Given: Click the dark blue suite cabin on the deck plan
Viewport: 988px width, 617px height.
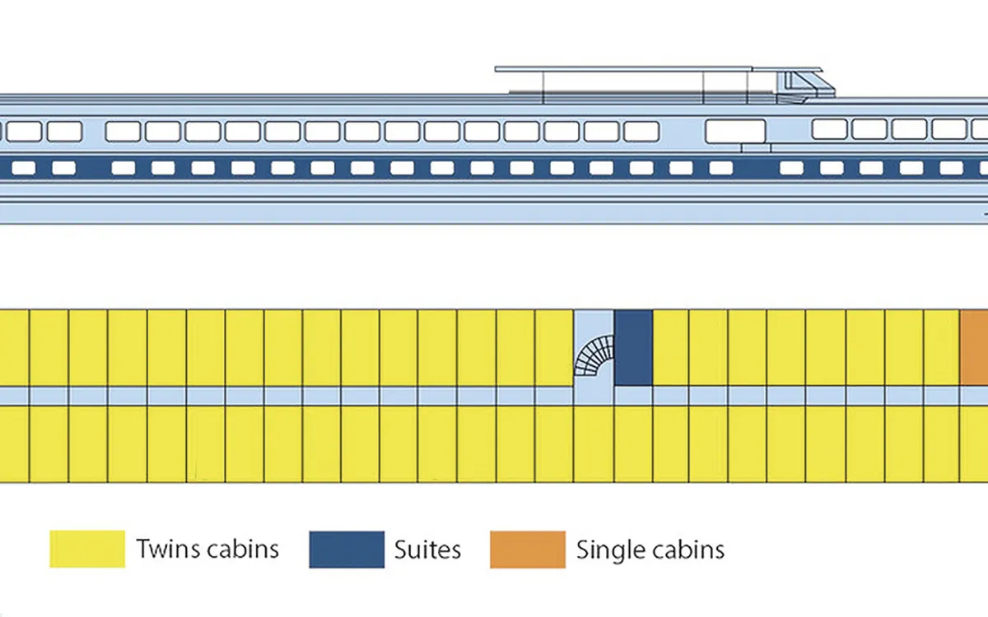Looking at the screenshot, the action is click(633, 348).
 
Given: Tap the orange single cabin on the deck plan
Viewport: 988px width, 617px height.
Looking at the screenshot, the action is click(974, 348).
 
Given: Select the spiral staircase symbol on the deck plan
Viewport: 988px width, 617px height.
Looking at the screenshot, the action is click(594, 355).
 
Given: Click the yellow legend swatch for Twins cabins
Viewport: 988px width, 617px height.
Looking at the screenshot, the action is click(87, 550).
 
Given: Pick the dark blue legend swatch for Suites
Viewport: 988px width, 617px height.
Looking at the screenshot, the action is click(347, 550).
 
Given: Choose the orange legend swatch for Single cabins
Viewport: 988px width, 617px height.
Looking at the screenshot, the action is click(528, 550).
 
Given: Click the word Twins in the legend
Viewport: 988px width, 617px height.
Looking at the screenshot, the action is click(169, 549).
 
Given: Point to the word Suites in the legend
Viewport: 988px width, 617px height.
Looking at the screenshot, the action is click(427, 550).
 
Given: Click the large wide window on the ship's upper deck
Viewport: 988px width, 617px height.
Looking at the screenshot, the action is click(735, 132).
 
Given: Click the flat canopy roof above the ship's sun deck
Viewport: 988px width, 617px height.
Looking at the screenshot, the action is click(659, 69).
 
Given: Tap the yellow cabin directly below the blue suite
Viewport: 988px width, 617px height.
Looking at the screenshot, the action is click(633, 443).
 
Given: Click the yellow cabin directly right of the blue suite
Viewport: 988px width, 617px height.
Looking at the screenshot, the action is click(671, 348).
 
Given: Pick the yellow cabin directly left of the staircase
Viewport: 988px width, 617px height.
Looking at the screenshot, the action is click(554, 348).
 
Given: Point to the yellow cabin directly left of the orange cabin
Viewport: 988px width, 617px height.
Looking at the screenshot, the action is click(942, 348).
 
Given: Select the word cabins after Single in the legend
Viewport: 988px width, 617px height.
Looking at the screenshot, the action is click(687, 550).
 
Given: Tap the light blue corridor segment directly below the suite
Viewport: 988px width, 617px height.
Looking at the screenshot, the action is click(633, 397).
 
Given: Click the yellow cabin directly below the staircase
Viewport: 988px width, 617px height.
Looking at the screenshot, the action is click(594, 443).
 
